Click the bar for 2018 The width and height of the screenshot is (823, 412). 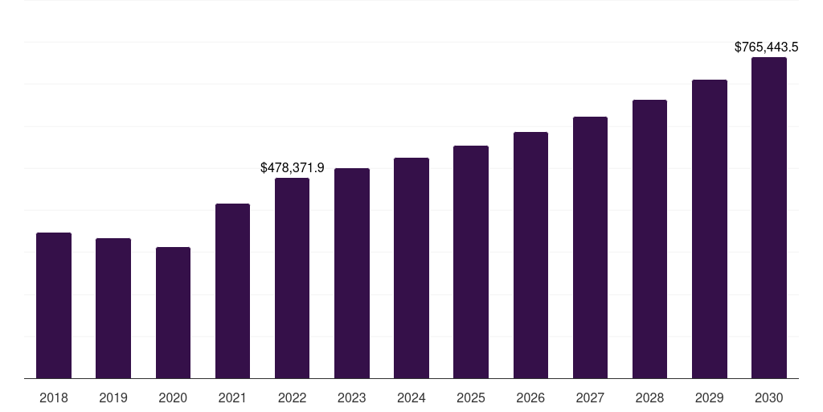tap(54, 306)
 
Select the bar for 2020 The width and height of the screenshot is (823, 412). tap(173, 313)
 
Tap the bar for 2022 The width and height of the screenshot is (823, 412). tap(292, 278)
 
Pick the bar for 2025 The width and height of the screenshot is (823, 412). tap(471, 262)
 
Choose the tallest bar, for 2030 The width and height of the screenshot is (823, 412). tap(769, 218)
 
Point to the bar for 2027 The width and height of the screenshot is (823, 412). tap(590, 248)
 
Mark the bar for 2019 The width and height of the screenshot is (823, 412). tap(113, 308)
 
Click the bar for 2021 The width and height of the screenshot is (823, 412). tap(232, 291)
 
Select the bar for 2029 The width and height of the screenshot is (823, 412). tap(710, 229)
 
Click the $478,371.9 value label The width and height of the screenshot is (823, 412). tap(293, 167)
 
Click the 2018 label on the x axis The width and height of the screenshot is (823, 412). tap(54, 398)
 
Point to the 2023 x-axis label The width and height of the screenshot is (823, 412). tap(352, 398)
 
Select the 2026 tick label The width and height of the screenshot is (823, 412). tap(530, 398)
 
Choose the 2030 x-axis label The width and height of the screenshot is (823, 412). tap(769, 398)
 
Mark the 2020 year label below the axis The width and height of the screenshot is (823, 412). tap(173, 398)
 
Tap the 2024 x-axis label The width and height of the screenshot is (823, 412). tap(411, 398)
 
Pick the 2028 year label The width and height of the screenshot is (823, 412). tap(649, 398)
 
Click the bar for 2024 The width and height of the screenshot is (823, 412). tap(411, 268)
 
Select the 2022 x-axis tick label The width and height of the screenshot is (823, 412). tap(292, 398)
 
